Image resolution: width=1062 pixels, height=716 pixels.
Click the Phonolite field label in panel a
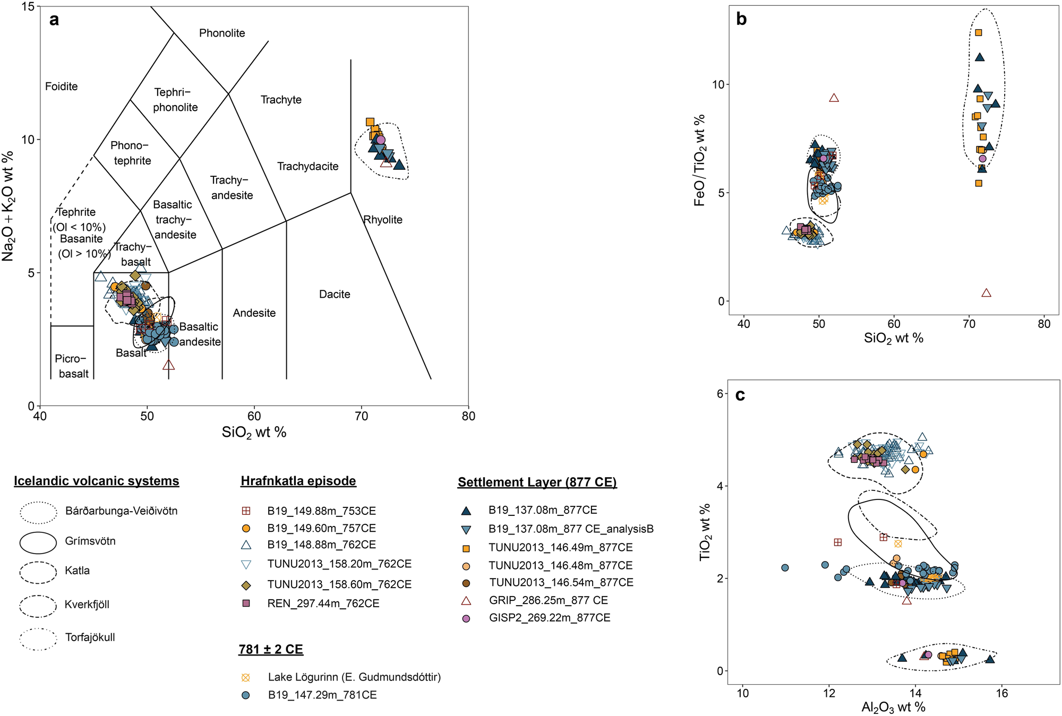222,33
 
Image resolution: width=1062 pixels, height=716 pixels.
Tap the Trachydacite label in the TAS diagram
307,167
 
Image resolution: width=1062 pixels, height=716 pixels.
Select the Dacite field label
335,295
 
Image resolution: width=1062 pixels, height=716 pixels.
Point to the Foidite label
61,87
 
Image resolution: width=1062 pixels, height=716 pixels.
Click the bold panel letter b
741,20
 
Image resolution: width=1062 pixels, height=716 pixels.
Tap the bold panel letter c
740,395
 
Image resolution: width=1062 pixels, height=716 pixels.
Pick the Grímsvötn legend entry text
90,541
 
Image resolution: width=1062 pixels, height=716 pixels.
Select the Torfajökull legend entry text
90,637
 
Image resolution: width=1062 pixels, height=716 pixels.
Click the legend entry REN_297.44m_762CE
323,603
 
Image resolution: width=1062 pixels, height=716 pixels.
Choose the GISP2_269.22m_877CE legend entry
549,618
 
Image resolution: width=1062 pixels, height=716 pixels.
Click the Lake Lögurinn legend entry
354,677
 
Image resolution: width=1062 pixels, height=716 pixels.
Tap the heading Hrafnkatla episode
298,481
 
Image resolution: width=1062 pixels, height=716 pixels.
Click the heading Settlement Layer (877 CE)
537,482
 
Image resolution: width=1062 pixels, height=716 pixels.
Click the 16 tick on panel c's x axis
1001,693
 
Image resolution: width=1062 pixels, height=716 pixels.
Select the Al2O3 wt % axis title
893,708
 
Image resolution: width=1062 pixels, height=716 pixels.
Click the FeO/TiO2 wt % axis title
700,160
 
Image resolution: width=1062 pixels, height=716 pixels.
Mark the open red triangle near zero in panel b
986,293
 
